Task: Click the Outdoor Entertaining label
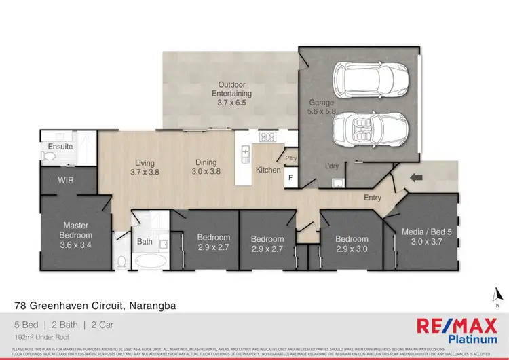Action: pyautogui.click(x=231, y=94)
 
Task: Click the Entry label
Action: pyautogui.click(x=373, y=198)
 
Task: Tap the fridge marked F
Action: pyautogui.click(x=290, y=179)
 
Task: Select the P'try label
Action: pyautogui.click(x=291, y=158)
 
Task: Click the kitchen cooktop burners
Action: pyautogui.click(x=267, y=137)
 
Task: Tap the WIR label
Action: pyautogui.click(x=66, y=180)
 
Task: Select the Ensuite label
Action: pyautogui.click(x=60, y=146)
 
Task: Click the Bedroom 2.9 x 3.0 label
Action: pyautogui.click(x=352, y=244)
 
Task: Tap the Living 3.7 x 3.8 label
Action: pyautogui.click(x=145, y=168)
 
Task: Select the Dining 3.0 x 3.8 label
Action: pyautogui.click(x=206, y=167)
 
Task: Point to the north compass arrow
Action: pyautogui.click(x=497, y=294)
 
